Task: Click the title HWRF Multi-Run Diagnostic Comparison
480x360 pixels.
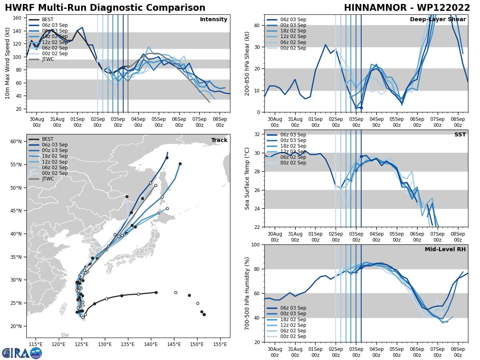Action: pos(105,8)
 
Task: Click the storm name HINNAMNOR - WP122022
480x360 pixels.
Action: pos(407,8)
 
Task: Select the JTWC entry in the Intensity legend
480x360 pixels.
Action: pos(48,59)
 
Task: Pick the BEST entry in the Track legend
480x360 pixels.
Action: pos(48,139)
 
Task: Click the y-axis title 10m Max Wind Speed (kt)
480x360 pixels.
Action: pos(8,63)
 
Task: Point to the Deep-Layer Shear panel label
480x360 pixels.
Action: pos(438,20)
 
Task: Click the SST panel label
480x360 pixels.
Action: pos(460,135)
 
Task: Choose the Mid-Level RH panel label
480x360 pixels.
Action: pos(445,250)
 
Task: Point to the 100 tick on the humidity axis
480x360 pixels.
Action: pos(255,244)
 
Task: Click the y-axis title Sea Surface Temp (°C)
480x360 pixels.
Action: pos(248,178)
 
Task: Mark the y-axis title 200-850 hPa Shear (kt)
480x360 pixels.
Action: pos(247,63)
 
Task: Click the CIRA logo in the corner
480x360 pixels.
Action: pos(22,353)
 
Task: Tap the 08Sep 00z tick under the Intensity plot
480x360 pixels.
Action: pos(220,122)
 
